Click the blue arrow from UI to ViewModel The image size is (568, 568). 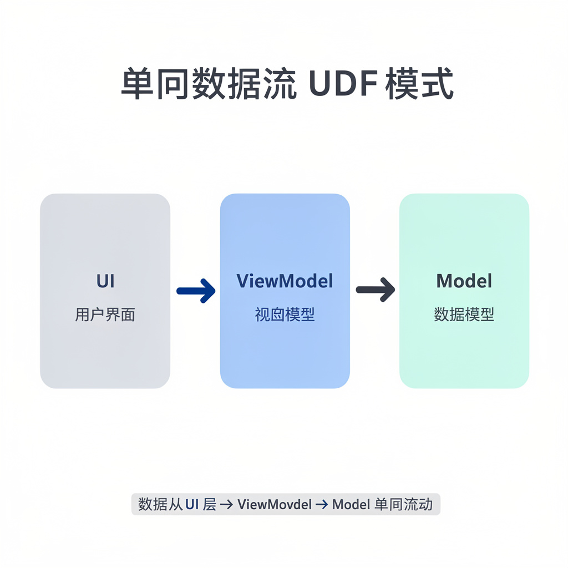point(196,291)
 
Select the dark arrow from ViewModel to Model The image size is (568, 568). point(375,290)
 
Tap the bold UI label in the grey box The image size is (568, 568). point(105,281)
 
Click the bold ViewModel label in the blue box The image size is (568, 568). point(285,281)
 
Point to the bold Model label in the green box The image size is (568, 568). point(464,281)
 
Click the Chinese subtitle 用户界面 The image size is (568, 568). point(105,315)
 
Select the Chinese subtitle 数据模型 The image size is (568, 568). point(464,315)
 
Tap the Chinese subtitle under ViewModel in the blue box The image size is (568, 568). point(285,315)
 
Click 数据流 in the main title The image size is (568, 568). point(244,85)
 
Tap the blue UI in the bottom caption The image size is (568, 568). point(192,505)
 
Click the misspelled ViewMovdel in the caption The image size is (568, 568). point(272,505)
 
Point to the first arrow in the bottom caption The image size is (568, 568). point(226,505)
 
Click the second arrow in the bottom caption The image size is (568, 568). point(322,505)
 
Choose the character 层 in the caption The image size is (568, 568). point(209,505)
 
